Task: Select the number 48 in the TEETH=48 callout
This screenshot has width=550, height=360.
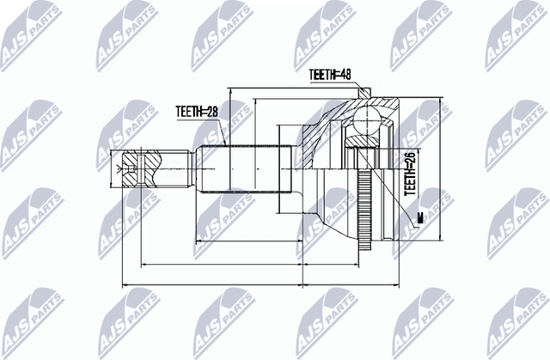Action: click(x=347, y=76)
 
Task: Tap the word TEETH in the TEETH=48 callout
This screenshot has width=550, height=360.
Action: click(x=323, y=76)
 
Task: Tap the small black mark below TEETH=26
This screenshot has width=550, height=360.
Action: click(x=420, y=219)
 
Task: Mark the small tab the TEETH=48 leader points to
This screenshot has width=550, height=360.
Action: click(x=367, y=93)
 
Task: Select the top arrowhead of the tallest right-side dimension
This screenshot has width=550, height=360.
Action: click(x=439, y=102)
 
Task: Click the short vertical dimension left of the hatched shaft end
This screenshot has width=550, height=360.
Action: click(x=115, y=167)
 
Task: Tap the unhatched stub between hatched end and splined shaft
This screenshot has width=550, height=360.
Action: click(x=176, y=167)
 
